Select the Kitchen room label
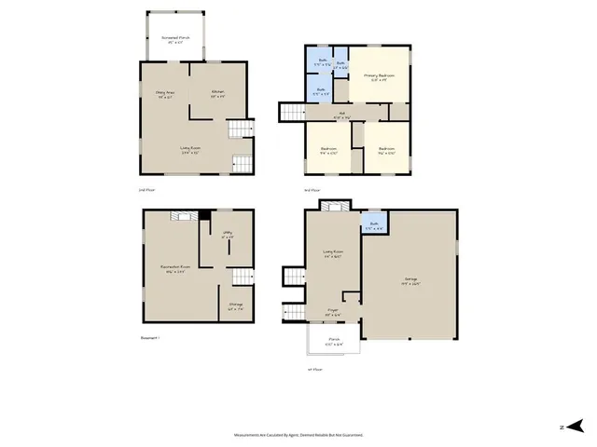click(217, 94)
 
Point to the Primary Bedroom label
click(380, 77)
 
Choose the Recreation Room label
click(175, 270)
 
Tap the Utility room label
click(226, 237)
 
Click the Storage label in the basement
click(235, 306)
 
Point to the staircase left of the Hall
click(292, 113)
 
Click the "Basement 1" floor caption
click(150, 338)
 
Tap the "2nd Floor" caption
click(145, 190)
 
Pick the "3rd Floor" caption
click(312, 190)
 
